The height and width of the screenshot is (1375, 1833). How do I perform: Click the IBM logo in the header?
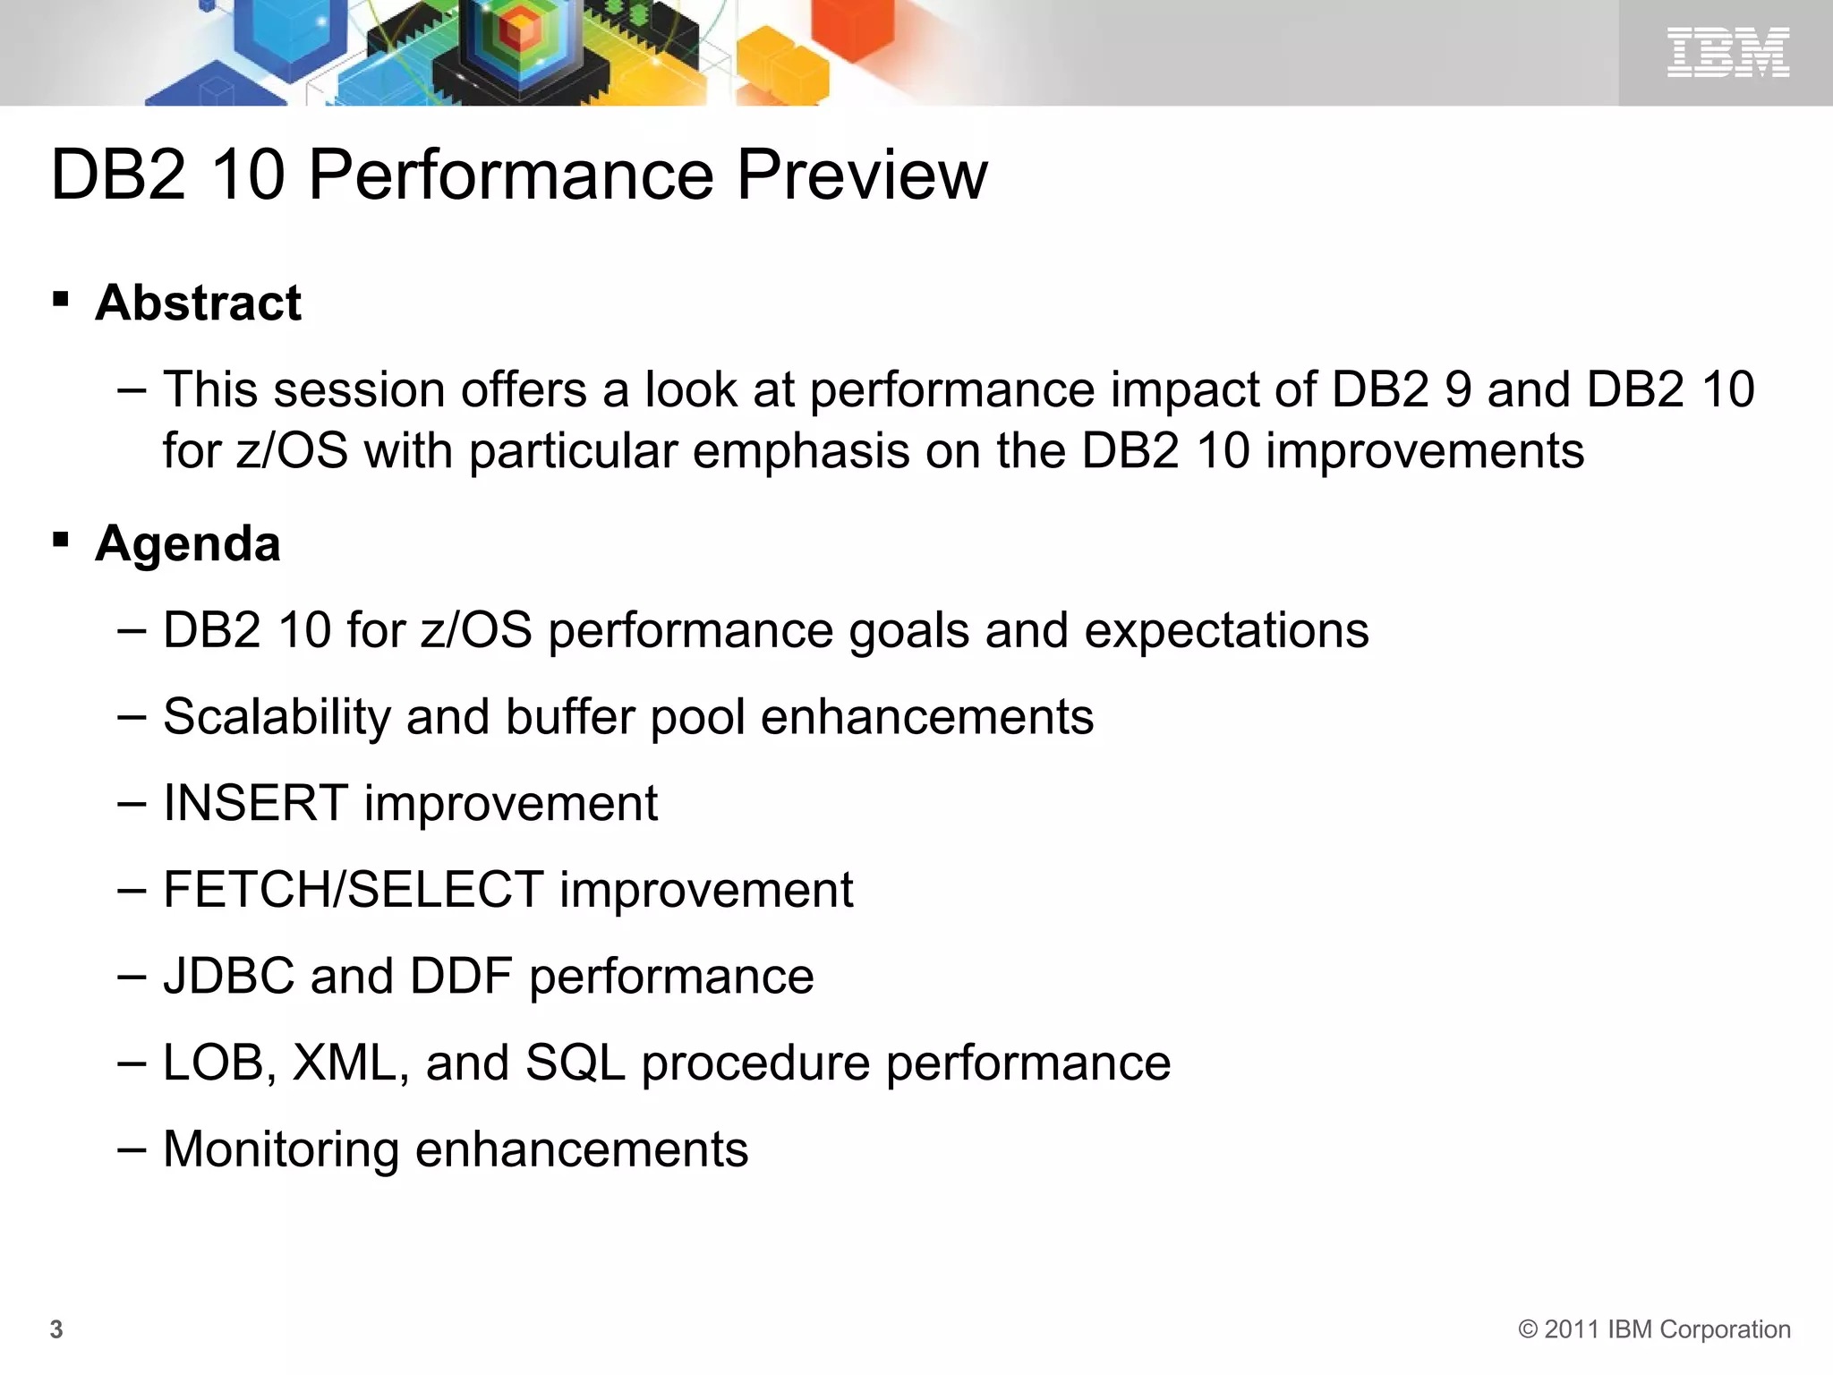(1727, 52)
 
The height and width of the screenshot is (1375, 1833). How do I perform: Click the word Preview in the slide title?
(861, 174)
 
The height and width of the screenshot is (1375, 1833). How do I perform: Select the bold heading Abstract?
(198, 303)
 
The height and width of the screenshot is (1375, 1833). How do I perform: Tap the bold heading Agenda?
(188, 543)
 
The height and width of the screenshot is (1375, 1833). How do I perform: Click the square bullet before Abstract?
(61, 299)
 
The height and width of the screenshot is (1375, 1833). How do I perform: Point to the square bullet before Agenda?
(61, 540)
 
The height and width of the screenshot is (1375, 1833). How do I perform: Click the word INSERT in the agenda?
(255, 803)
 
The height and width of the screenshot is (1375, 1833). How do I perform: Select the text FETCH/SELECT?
(353, 890)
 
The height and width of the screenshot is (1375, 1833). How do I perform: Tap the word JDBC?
(228, 976)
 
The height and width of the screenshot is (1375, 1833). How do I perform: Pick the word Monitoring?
(281, 1149)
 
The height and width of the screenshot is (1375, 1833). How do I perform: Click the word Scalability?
(277, 717)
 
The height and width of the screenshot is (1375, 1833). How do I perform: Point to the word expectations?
(1226, 631)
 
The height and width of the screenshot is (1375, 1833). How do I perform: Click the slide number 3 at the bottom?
(56, 1329)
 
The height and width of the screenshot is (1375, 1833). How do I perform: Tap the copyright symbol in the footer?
(1528, 1329)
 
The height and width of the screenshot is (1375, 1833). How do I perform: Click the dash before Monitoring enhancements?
(131, 1149)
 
